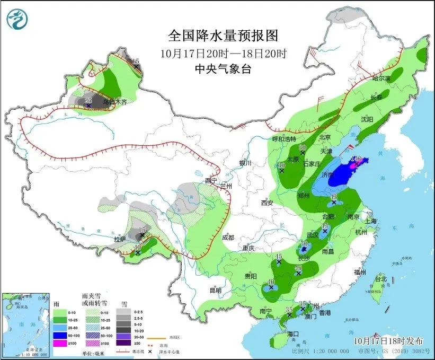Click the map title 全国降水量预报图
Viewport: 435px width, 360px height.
tap(223, 36)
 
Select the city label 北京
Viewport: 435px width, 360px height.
tap(325, 137)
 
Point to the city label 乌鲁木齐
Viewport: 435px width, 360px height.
tap(115, 102)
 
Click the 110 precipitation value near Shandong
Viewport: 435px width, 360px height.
tap(356, 158)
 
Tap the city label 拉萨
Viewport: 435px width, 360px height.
tap(120, 239)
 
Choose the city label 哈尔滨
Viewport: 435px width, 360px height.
tap(380, 78)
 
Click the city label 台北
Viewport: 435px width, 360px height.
tap(381, 278)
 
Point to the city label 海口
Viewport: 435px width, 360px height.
tap(294, 333)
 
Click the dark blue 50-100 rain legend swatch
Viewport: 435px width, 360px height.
tap(59, 336)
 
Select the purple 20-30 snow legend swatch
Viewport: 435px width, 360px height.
tap(123, 336)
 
